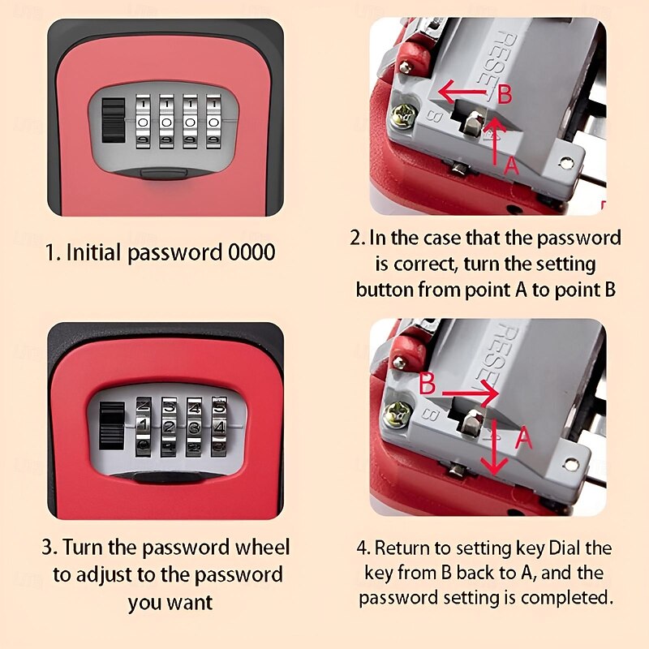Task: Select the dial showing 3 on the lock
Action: [x=194, y=424]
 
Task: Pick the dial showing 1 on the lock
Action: [x=143, y=424]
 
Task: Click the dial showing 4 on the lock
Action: [x=219, y=424]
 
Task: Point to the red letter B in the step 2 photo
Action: [x=504, y=95]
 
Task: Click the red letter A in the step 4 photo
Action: [x=523, y=439]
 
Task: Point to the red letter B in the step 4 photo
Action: [x=428, y=383]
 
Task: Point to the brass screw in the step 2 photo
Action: [x=400, y=117]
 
